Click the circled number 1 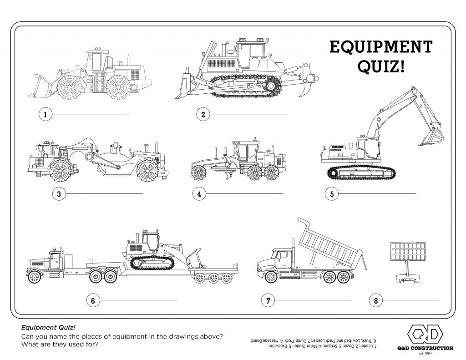[x=45, y=114]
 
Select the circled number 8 [x=375, y=300]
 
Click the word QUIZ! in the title [x=380, y=67]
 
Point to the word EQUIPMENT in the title [x=380, y=47]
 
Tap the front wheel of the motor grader [x=199, y=172]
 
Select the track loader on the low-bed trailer [x=155, y=253]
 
